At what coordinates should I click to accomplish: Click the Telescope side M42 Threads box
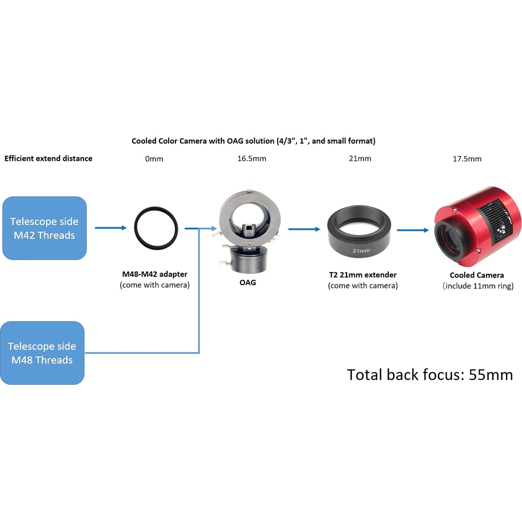44,228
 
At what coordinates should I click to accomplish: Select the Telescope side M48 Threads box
42,353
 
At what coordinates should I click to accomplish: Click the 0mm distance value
154,159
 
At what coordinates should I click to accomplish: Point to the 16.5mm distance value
252,159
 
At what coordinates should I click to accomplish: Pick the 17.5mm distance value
467,159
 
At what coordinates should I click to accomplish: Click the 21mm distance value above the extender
360,159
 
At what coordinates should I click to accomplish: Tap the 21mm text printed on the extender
361,251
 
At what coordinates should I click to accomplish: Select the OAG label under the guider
247,282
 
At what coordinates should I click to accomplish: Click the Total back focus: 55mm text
430,375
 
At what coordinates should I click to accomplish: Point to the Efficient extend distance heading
49,159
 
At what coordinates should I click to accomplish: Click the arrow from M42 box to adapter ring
111,228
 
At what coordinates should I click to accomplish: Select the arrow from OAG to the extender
304,229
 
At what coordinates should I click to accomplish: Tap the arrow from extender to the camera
413,230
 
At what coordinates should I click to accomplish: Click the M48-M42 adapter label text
155,275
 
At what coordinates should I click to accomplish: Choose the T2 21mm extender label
363,275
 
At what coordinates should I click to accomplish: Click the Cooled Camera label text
477,275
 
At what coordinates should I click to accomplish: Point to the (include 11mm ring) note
478,286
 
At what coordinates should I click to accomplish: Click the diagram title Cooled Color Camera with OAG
253,141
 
